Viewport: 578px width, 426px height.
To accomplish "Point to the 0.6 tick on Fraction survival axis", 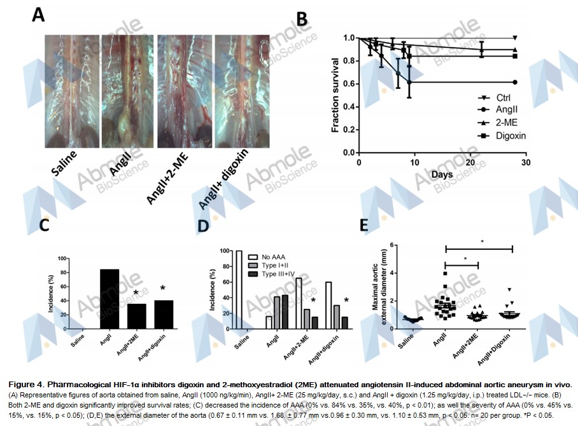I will coord(349,83).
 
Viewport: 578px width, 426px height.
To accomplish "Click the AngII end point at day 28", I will coord(514,82).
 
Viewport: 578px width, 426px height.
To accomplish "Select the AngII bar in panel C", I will coord(109,299).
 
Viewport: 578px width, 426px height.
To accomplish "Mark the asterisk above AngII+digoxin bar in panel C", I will coord(163,289).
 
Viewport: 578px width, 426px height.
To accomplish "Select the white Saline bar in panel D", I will coord(239,291).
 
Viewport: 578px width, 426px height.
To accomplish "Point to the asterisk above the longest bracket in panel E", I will coord(483,242).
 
